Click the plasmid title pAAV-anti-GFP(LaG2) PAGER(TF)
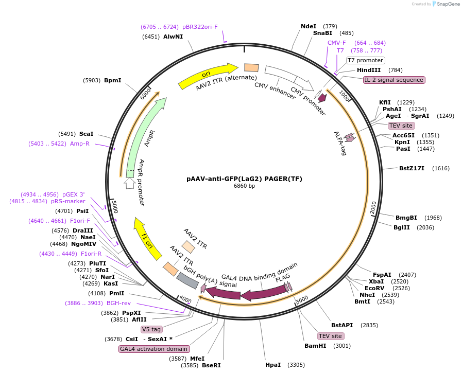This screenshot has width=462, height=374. (244, 179)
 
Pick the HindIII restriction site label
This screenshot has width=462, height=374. (369, 70)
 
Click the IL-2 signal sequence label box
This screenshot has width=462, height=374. (394, 80)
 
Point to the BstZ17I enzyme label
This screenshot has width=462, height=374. (412, 168)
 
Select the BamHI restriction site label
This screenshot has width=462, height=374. (315, 346)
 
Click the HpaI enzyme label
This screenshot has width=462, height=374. (273, 365)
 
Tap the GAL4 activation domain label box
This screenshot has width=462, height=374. (154, 349)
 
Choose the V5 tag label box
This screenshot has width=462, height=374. (151, 329)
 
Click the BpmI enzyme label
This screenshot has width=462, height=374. (112, 80)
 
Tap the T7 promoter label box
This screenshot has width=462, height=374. (365, 60)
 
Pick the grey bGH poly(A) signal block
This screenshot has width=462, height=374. (187, 280)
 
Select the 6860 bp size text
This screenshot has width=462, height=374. (244, 186)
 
